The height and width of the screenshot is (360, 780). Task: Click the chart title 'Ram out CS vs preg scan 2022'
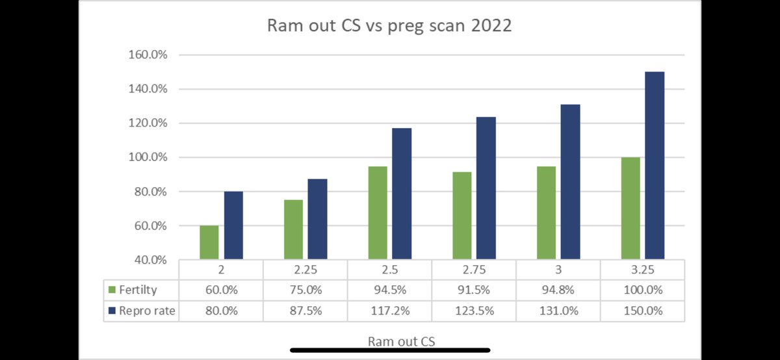pos(390,27)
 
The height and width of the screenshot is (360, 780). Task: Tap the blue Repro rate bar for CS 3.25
pos(655,166)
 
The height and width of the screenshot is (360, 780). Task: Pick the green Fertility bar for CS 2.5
pos(378,213)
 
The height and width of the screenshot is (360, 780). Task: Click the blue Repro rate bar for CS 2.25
pos(317,219)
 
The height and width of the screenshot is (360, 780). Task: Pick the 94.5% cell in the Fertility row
pos(389,290)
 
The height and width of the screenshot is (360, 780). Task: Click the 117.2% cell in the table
pos(389,311)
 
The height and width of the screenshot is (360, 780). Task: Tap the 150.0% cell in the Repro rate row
pos(643,311)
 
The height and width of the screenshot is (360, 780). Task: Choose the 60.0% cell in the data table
pos(221,290)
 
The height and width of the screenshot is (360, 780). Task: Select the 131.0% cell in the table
pos(558,311)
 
